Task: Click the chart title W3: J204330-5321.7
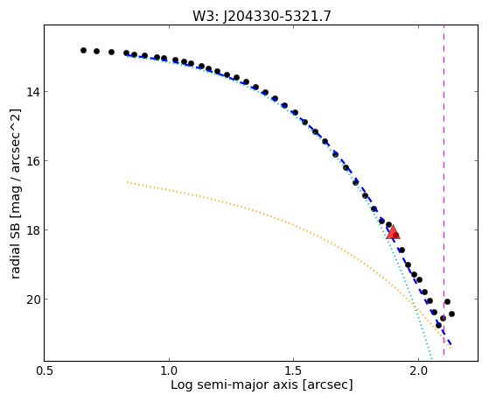[x=262, y=17]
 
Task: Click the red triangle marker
[x=393, y=232]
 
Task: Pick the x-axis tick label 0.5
[x=45, y=370]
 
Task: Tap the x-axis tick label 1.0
[x=169, y=370]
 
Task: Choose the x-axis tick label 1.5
[x=293, y=370]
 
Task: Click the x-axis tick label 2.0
[x=418, y=370]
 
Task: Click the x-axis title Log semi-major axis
[x=234, y=384]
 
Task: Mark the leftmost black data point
[x=83, y=50]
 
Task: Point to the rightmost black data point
[x=451, y=314]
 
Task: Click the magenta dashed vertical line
[x=444, y=190]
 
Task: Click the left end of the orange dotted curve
[x=127, y=182]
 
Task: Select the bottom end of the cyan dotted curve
[x=431, y=358]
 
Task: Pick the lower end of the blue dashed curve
[x=451, y=344]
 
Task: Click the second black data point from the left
[x=97, y=51]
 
